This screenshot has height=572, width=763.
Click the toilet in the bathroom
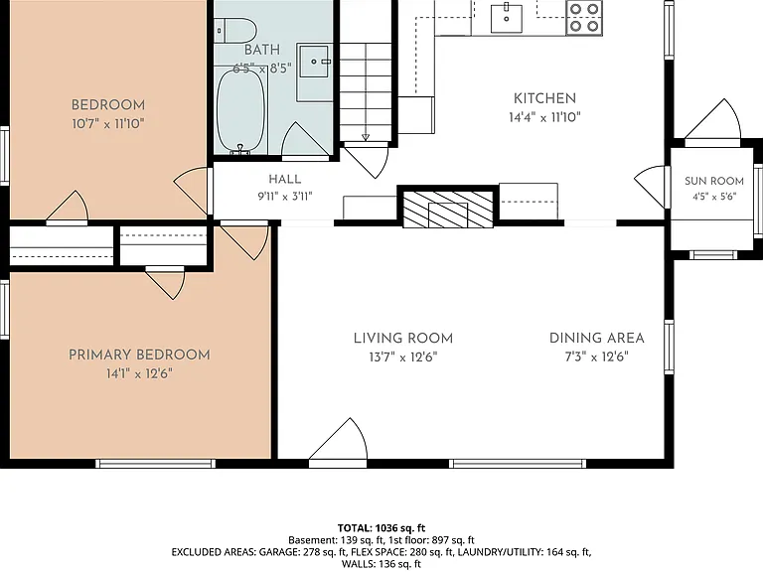tap(235, 30)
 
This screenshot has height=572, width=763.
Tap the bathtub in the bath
tap(241, 111)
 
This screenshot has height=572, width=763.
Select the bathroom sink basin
tap(314, 62)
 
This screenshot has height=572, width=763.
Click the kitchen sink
tap(506, 19)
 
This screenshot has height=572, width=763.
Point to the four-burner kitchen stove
tap(584, 18)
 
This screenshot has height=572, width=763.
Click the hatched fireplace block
tap(448, 208)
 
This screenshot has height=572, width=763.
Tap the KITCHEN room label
tap(545, 98)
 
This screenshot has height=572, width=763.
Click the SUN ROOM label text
tap(714, 181)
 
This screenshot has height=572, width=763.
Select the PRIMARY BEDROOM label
tap(139, 356)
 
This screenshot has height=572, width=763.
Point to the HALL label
tap(285, 179)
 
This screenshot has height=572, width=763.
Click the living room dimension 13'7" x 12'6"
tap(403, 357)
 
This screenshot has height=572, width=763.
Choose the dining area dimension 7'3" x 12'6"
tap(596, 357)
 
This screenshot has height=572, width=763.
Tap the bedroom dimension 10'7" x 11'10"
tap(108, 123)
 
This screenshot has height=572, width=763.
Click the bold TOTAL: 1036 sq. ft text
tap(381, 528)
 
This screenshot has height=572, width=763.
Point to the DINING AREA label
tap(596, 338)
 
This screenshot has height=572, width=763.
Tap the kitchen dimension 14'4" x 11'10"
tap(545, 117)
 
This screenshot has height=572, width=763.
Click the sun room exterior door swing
tap(713, 119)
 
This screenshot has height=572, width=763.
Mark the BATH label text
tap(262, 50)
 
